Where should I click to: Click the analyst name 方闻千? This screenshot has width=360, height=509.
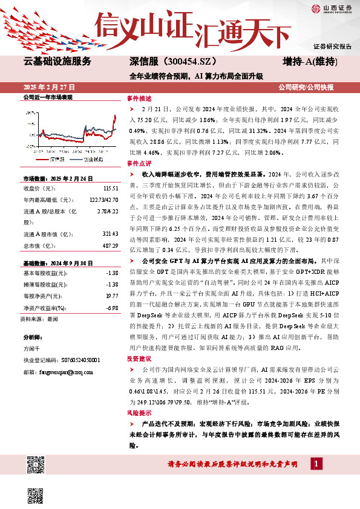coord(31,349)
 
